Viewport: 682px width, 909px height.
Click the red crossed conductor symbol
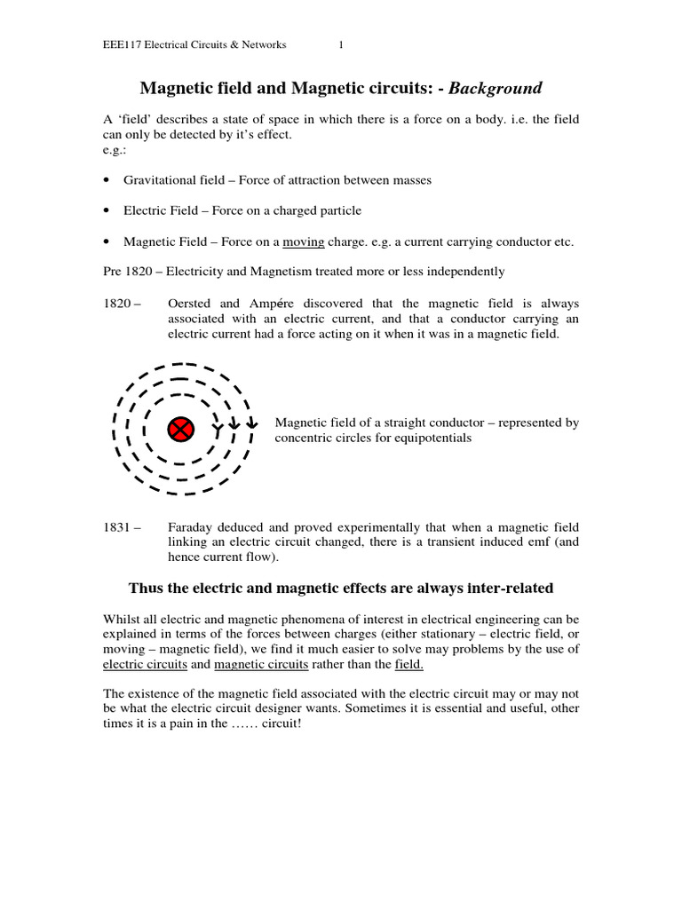(180, 430)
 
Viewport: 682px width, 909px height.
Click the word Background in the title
(495, 88)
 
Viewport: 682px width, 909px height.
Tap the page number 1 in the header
(341, 45)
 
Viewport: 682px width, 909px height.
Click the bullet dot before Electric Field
(107, 211)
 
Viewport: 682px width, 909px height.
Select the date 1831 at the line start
(120, 527)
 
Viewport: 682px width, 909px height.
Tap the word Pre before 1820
(114, 272)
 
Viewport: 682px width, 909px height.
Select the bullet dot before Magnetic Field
(107, 241)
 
